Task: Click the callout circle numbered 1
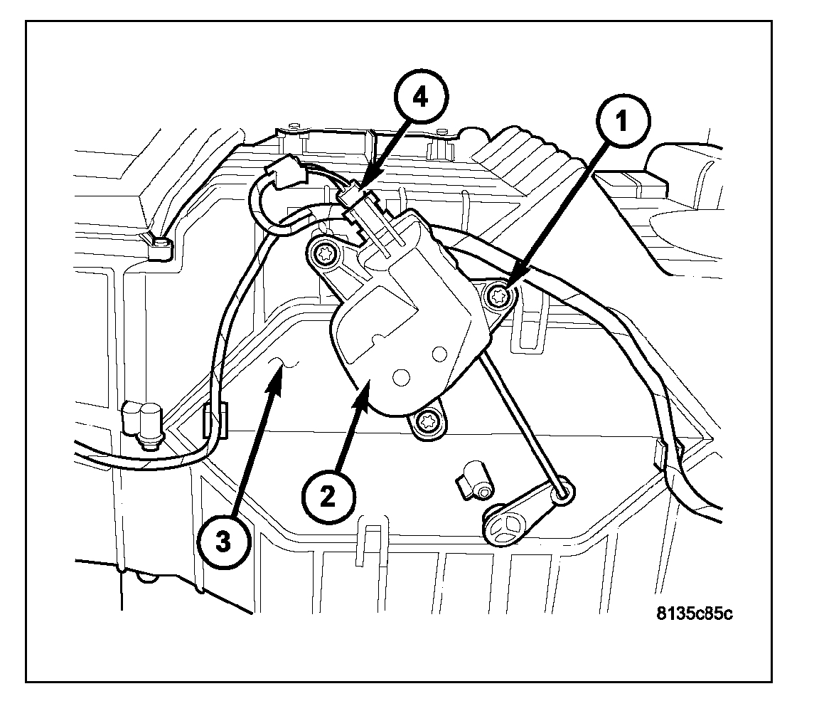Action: click(x=621, y=124)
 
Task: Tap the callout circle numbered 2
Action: click(x=328, y=496)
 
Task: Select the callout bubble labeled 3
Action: click(x=223, y=542)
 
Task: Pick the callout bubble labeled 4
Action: click(x=422, y=99)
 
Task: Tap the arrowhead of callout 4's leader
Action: click(x=363, y=191)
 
